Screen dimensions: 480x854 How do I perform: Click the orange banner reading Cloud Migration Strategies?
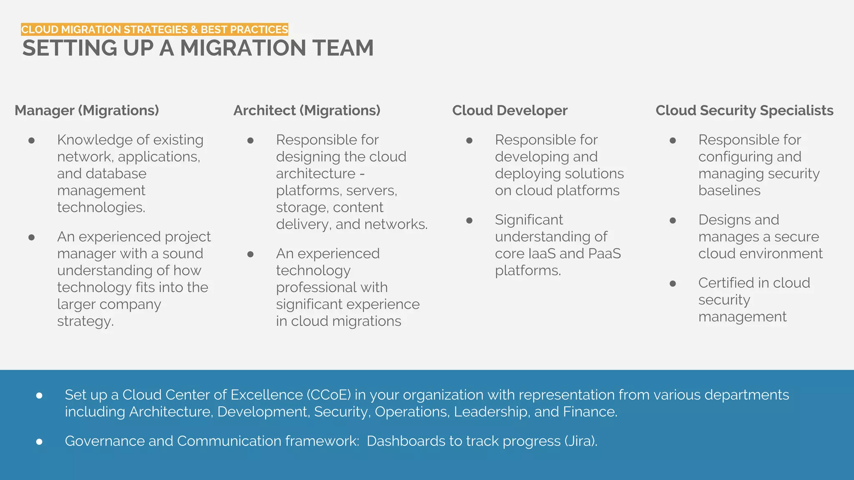[155, 30]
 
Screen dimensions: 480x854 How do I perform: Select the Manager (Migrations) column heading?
[87, 110]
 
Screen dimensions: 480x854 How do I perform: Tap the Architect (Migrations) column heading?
[307, 110]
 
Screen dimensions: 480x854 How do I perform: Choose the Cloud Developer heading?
[510, 110]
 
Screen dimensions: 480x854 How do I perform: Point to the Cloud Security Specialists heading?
[744, 110]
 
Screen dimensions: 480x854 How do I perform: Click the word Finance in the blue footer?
[590, 412]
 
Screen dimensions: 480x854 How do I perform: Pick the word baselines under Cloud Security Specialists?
[729, 191]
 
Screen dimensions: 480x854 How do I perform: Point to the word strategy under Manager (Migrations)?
[85, 322]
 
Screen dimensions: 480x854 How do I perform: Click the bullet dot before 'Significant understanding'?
[469, 220]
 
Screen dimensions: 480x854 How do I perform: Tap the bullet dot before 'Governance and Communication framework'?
[39, 441]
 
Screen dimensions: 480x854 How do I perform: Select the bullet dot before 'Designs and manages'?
[673, 220]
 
